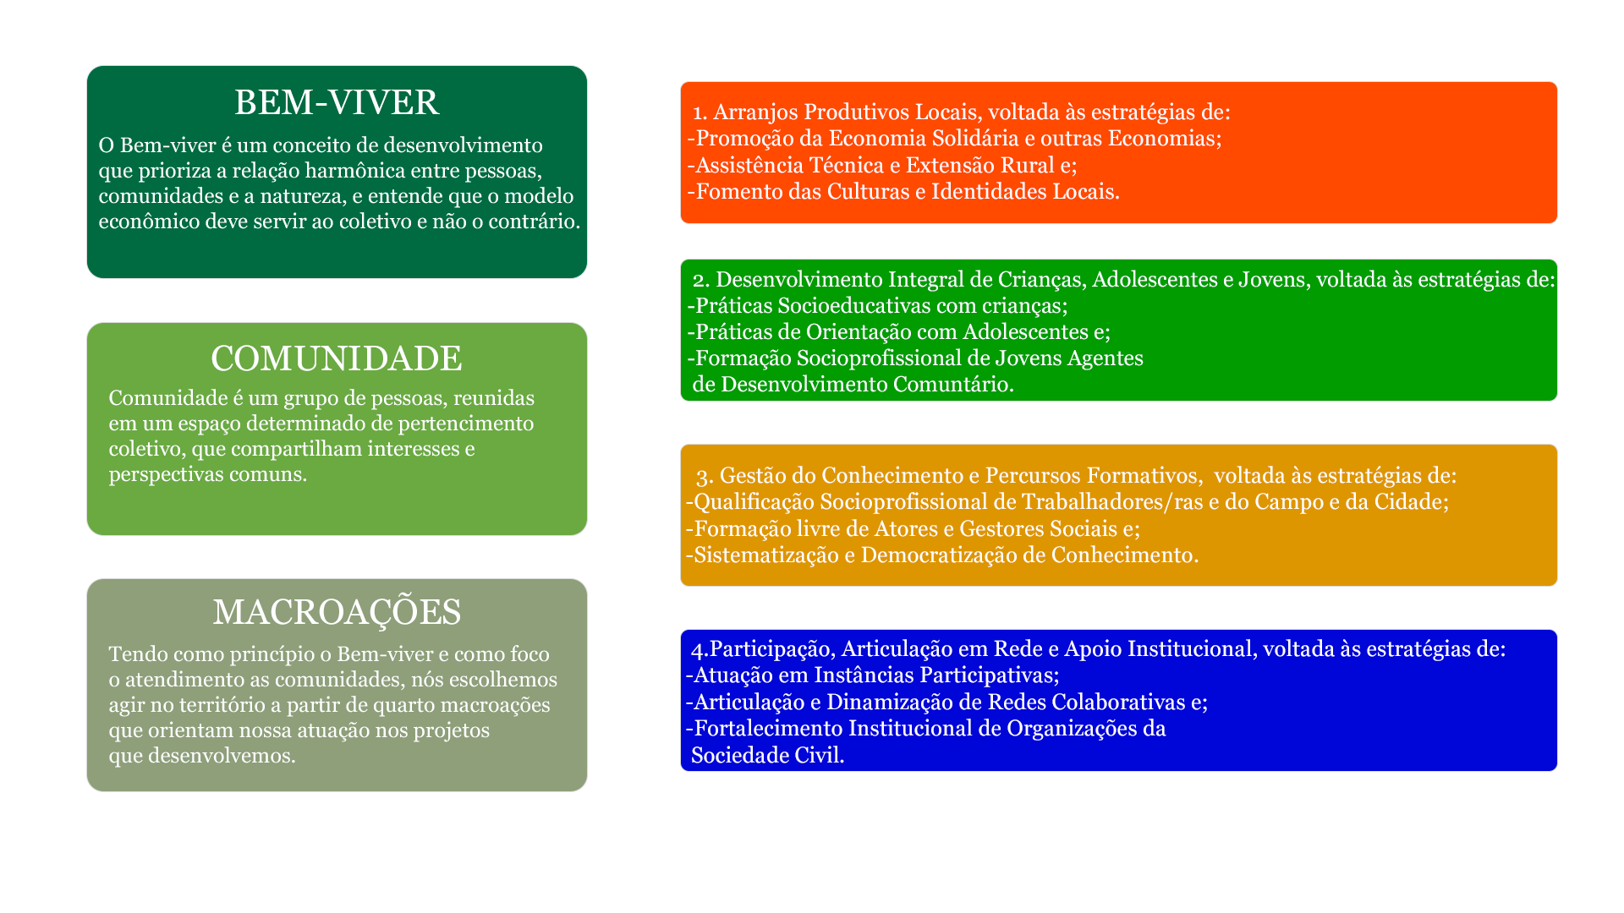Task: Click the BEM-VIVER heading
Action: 337,102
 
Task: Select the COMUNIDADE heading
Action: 337,358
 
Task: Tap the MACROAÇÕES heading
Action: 337,610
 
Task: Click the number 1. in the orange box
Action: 700,112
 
